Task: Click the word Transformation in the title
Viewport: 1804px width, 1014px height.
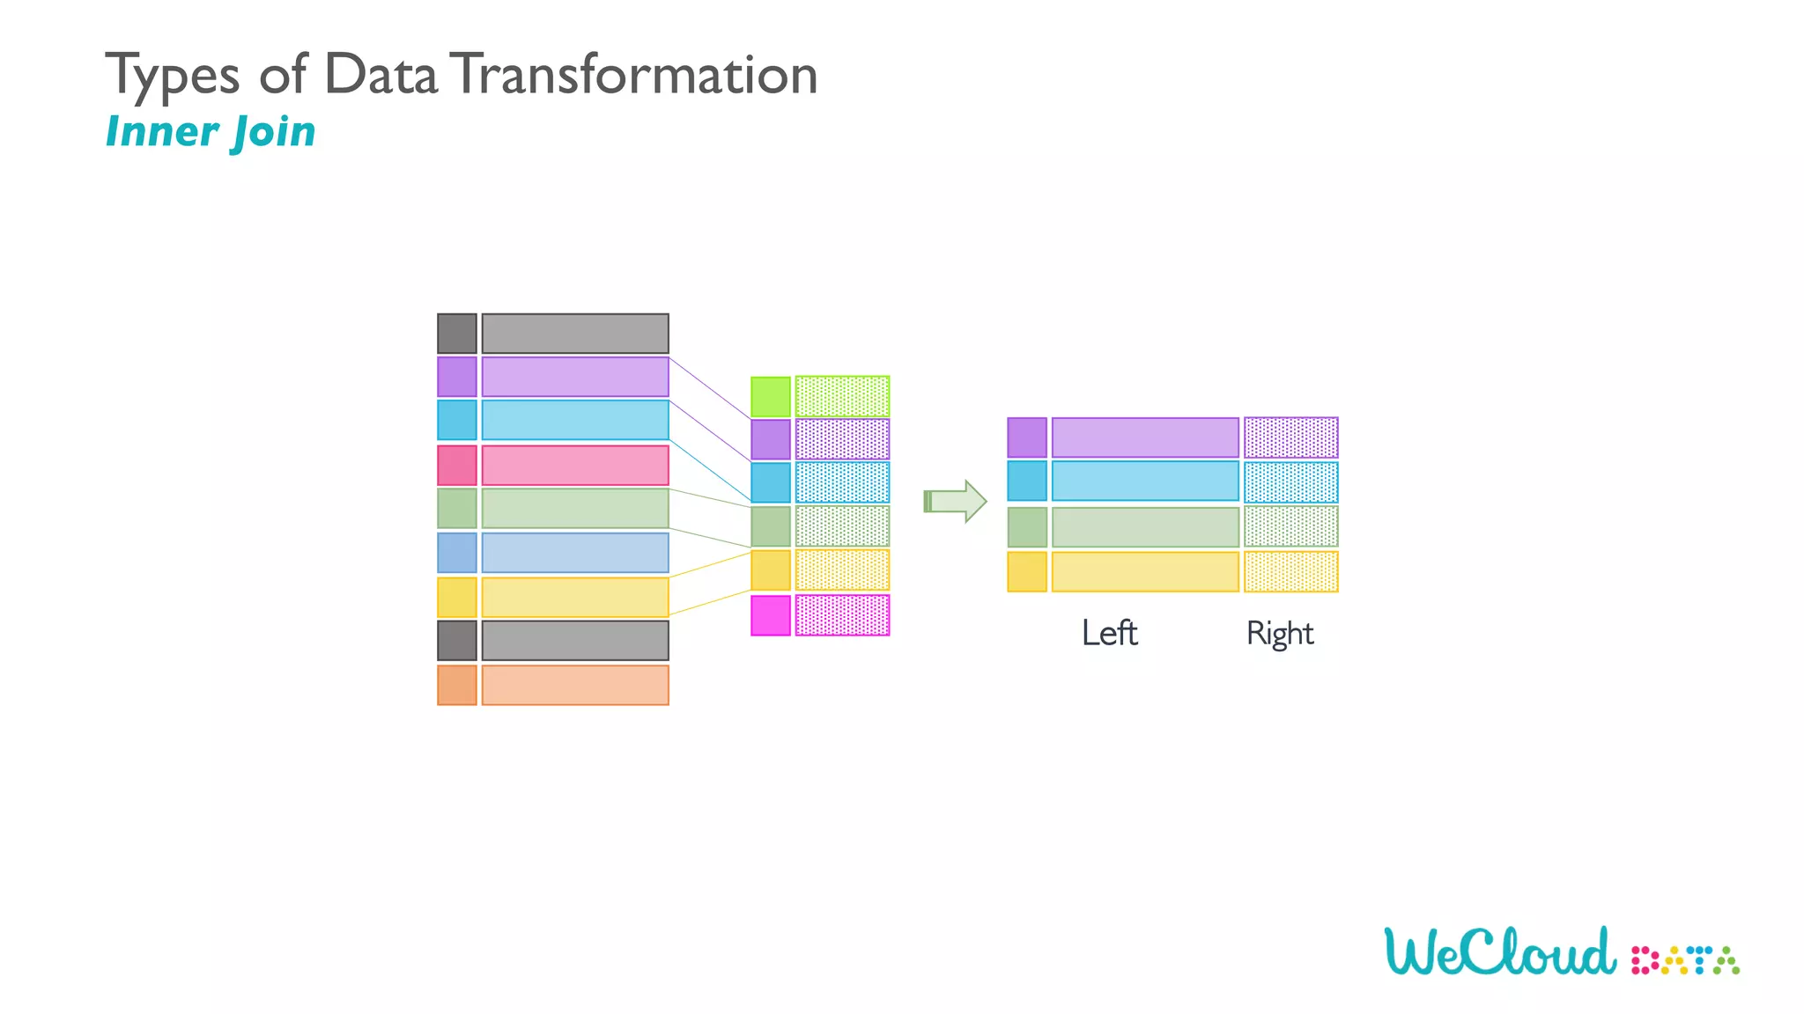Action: (x=637, y=74)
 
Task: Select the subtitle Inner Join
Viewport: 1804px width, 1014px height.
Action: (x=211, y=132)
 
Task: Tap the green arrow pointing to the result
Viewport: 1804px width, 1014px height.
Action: (x=955, y=501)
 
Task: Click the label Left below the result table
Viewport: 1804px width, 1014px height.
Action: (x=1109, y=633)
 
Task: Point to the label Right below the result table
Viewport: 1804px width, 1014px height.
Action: (x=1279, y=634)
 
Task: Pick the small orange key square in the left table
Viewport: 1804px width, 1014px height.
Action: (x=457, y=685)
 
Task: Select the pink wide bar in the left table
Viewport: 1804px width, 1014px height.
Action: (x=575, y=465)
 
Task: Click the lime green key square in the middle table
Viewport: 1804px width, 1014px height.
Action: (x=771, y=396)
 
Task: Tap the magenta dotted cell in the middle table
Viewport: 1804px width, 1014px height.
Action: (x=842, y=615)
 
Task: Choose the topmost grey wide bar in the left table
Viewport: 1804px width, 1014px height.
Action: (x=575, y=334)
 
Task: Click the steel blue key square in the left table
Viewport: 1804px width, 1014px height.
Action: (x=457, y=553)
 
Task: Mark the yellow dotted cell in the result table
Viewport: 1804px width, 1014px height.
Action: (x=1290, y=571)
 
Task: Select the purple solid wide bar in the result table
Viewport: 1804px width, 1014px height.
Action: (x=1145, y=437)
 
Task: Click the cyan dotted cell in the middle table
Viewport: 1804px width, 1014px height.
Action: (x=842, y=482)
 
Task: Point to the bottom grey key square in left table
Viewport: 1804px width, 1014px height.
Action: (x=457, y=641)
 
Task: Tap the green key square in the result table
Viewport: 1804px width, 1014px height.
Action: (x=1027, y=527)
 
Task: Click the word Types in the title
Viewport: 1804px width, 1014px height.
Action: (x=173, y=76)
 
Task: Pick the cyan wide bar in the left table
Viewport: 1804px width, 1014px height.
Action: (x=575, y=421)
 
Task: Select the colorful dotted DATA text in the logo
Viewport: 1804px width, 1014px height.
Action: (x=1685, y=960)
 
